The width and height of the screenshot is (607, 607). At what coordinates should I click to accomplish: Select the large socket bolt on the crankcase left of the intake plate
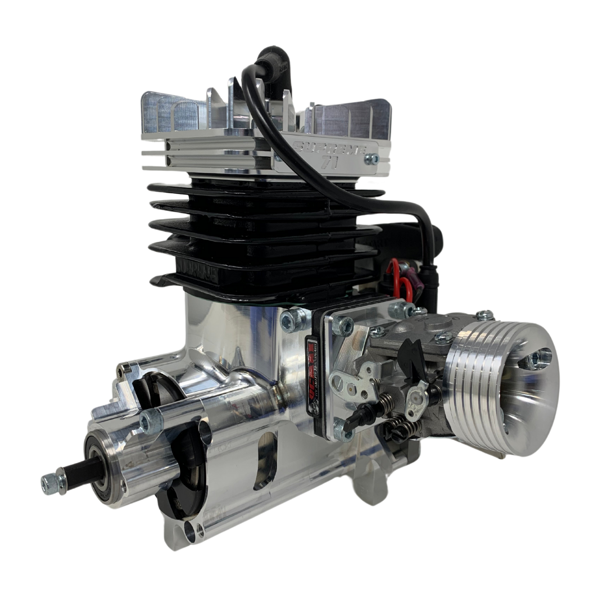(x=291, y=321)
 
